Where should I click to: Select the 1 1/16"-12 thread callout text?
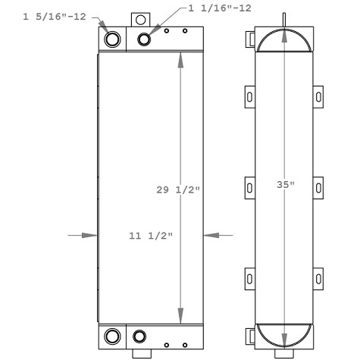coord(218,8)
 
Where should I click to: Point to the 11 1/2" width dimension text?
coord(152,236)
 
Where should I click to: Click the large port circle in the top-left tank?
coord(111,39)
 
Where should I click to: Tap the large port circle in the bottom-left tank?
coord(111,336)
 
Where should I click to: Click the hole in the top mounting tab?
coord(139,20)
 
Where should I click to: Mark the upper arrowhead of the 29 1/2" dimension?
coord(180,61)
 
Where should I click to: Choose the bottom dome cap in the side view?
coord(283,333)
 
